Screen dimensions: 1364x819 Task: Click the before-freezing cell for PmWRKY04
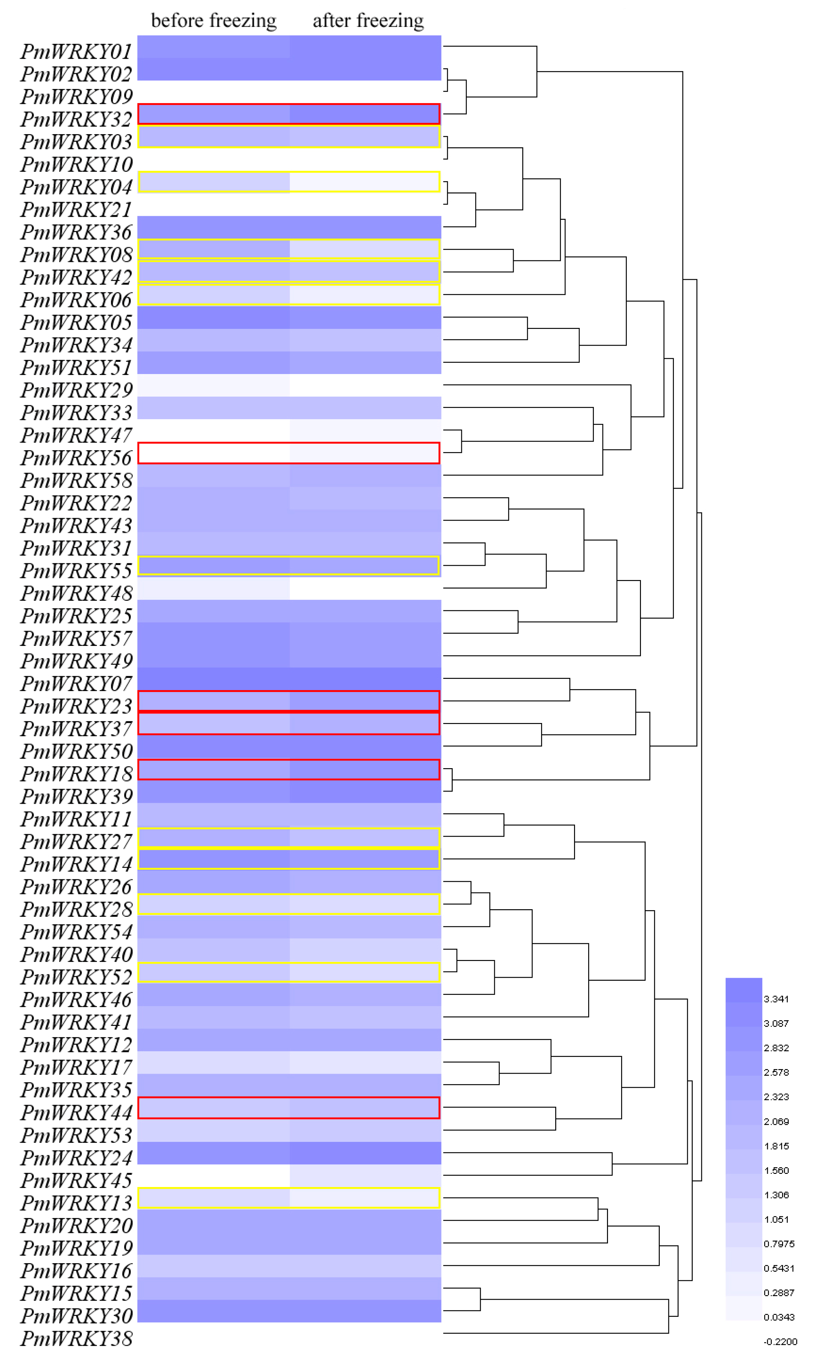pyautogui.click(x=214, y=182)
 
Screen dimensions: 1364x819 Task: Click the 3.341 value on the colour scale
pyautogui.click(x=776, y=999)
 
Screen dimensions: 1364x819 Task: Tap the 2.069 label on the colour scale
pyautogui.click(x=776, y=1121)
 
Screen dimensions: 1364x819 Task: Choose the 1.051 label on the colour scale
pyautogui.click(x=776, y=1219)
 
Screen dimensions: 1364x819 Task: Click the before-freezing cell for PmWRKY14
pyautogui.click(x=214, y=859)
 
